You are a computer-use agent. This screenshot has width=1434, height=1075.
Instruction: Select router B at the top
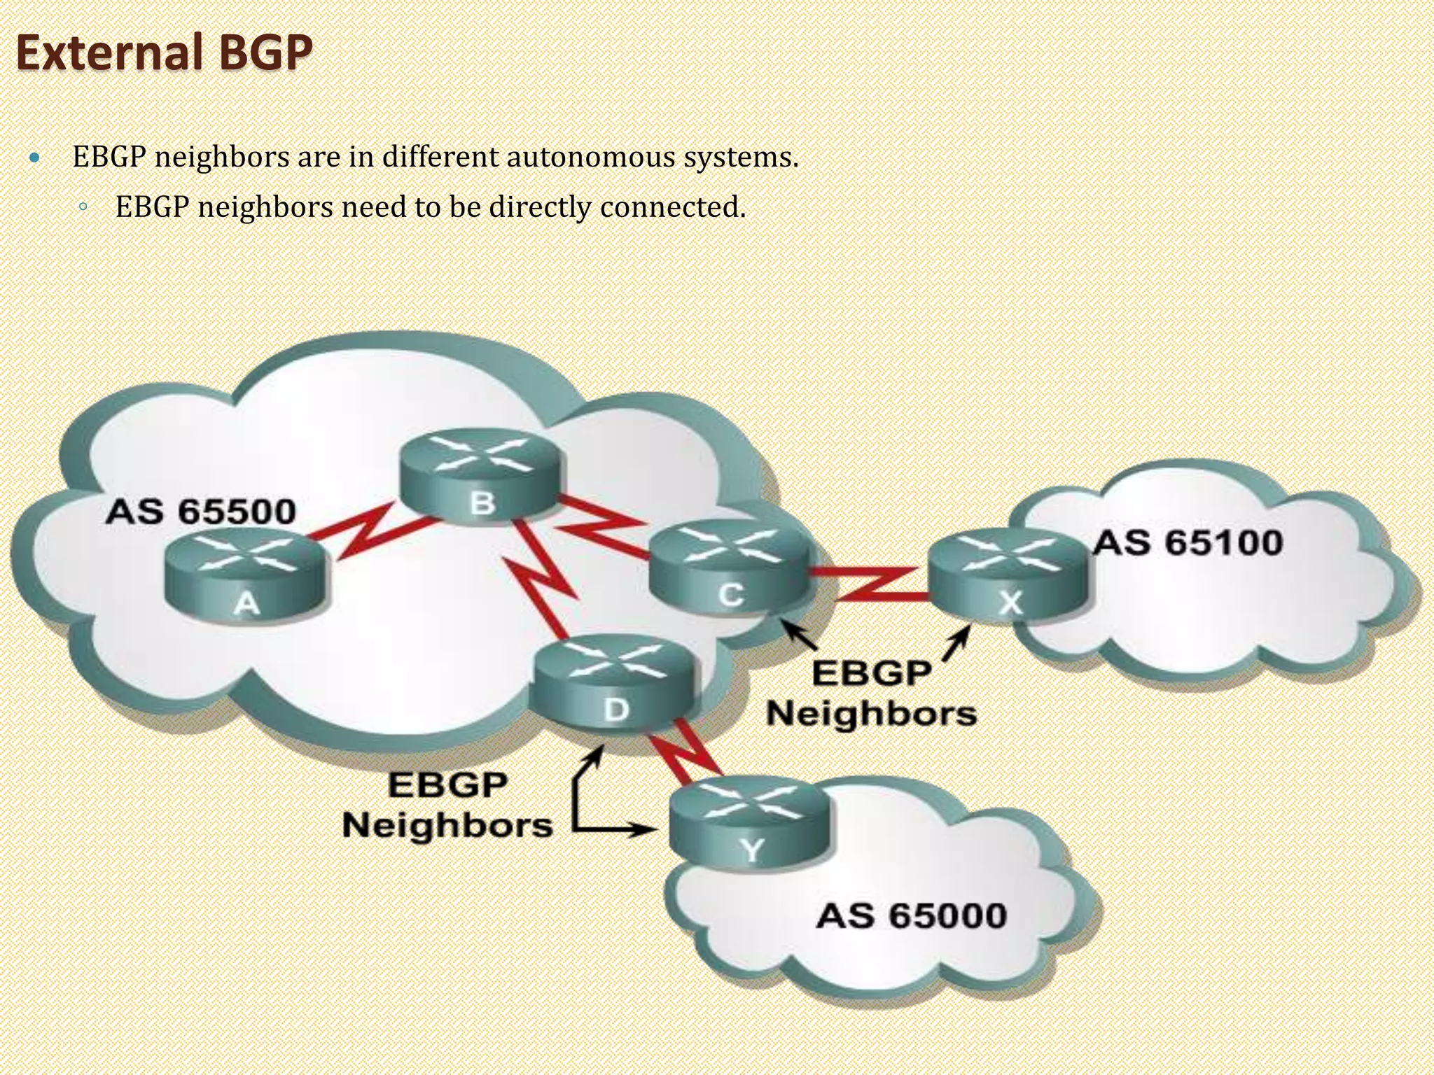[x=481, y=476]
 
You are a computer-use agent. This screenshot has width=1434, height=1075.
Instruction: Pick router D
[x=615, y=684]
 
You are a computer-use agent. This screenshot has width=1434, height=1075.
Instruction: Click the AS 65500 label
[x=201, y=512]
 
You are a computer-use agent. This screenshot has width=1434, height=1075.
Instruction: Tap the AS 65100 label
[x=1188, y=543]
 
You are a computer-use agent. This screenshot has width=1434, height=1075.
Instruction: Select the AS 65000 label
[x=912, y=915]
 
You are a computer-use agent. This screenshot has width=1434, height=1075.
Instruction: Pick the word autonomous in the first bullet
[x=590, y=157]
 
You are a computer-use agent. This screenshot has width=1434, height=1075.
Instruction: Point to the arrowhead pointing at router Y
[x=648, y=831]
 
